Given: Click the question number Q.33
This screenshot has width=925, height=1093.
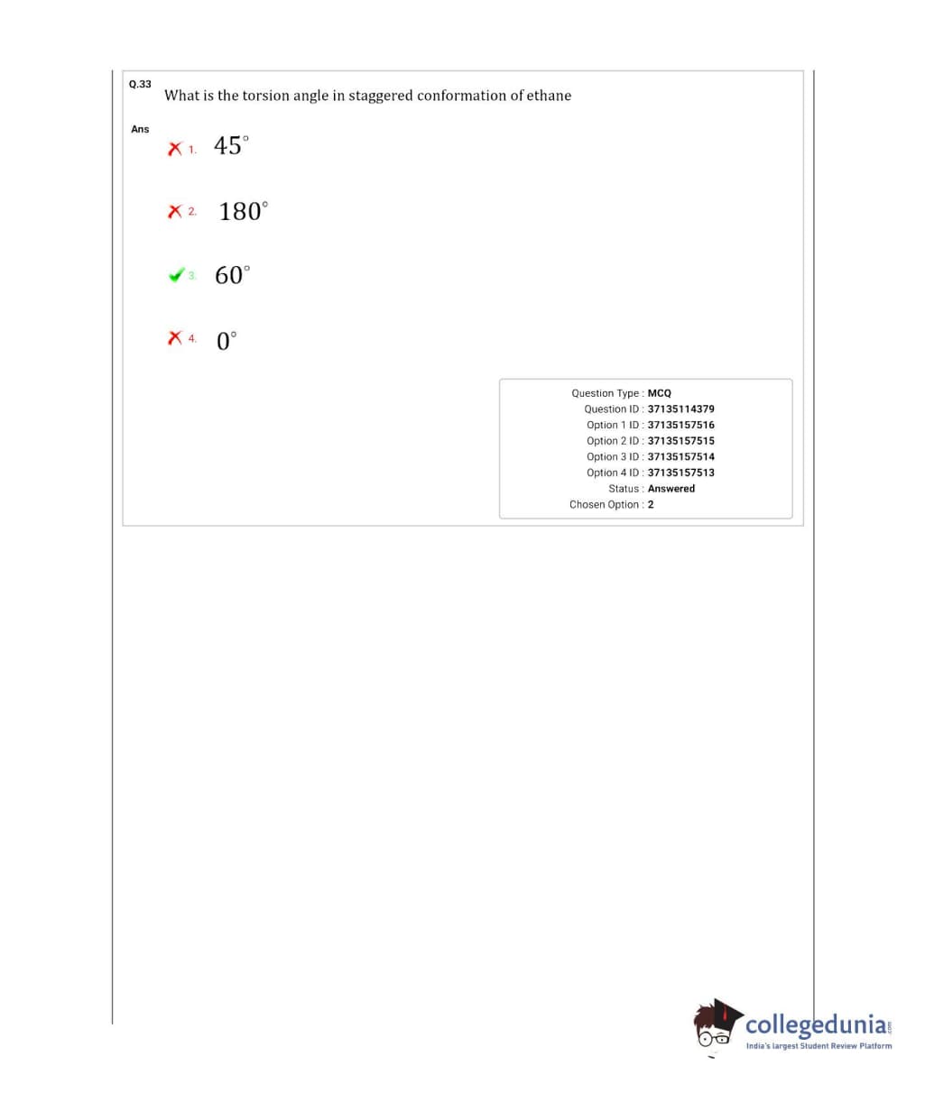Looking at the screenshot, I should (140, 84).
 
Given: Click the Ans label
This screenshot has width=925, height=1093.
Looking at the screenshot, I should (140, 129).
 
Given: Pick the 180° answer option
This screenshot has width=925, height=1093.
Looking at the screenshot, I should (243, 211).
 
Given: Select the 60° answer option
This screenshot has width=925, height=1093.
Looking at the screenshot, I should (232, 275).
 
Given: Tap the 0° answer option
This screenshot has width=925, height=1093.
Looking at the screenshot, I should (227, 341).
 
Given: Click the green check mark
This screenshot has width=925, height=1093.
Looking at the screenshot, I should (176, 275).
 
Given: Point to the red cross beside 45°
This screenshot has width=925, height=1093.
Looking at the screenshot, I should (175, 148).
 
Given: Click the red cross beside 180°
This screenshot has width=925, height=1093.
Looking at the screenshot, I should (175, 212).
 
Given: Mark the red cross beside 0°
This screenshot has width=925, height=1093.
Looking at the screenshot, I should (175, 339).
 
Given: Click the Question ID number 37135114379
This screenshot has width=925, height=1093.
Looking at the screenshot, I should (680, 409).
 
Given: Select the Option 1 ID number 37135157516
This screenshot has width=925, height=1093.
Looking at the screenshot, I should (680, 425).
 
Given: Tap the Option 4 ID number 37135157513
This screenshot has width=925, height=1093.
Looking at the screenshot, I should (680, 473).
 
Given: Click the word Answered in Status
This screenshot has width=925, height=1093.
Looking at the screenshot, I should (671, 489).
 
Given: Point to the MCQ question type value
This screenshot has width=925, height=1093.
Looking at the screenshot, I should (660, 393).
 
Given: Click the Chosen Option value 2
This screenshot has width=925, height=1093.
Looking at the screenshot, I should (651, 504).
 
